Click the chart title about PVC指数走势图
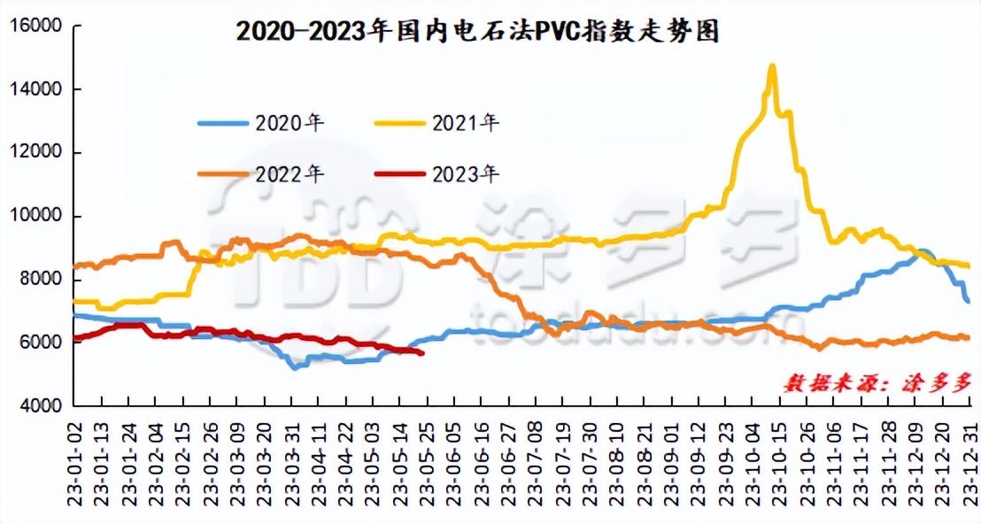click(x=477, y=32)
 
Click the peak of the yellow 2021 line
click(x=772, y=65)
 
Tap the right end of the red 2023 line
click(x=422, y=353)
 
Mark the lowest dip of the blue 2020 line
click(x=294, y=366)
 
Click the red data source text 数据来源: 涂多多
click(x=877, y=382)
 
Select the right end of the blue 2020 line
click(x=969, y=302)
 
